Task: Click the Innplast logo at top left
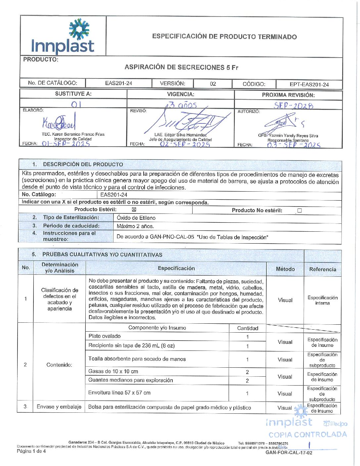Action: pos(63,36)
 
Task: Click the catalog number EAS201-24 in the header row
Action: pos(118,83)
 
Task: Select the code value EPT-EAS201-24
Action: pos(309,84)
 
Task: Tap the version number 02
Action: pos(213,84)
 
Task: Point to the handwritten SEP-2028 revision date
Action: pos(293,106)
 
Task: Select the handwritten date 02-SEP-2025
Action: pos(185,144)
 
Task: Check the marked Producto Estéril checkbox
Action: pos(134,210)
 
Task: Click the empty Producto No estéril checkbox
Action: pos(299,210)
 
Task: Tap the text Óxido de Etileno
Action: pos(136,218)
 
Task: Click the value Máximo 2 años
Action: pos(135,226)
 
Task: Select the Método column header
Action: pos(285,269)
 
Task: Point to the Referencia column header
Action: pos(323,269)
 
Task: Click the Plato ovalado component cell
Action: pos(105,336)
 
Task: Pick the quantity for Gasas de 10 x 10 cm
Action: pos(247,372)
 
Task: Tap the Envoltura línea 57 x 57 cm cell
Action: pos(119,393)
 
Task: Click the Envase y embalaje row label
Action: pos(59,407)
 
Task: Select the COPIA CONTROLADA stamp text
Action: pos(308,435)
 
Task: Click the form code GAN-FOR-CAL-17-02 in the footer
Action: pos(289,452)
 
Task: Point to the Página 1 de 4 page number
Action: pos(31,451)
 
